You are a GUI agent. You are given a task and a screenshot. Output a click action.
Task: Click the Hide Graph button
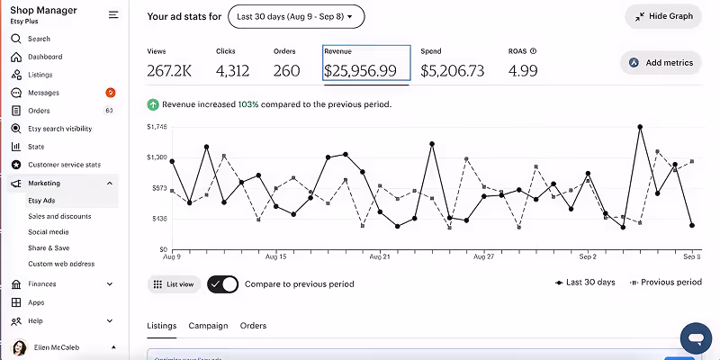point(662,16)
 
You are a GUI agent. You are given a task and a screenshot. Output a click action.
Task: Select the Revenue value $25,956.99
point(365,70)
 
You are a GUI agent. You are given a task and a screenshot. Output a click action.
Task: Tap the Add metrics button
point(661,63)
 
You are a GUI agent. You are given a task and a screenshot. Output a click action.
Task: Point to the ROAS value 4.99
point(523,70)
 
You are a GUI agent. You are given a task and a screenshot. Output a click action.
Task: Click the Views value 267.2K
point(169,70)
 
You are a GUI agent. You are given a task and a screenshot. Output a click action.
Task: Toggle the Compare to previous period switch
point(223,284)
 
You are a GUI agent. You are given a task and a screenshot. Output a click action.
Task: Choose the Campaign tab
point(208,325)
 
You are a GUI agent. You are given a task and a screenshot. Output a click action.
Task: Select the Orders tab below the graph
point(253,325)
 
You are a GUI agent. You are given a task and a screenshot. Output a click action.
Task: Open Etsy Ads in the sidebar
point(41,200)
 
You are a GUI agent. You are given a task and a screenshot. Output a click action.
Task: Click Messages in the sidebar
point(43,93)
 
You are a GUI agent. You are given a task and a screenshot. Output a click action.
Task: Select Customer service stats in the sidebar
point(64,165)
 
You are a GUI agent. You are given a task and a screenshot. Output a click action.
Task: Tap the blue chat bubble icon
point(696,338)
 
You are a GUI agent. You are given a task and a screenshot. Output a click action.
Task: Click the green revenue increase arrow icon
point(153,104)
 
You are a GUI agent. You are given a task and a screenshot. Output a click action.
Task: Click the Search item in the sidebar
point(39,39)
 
